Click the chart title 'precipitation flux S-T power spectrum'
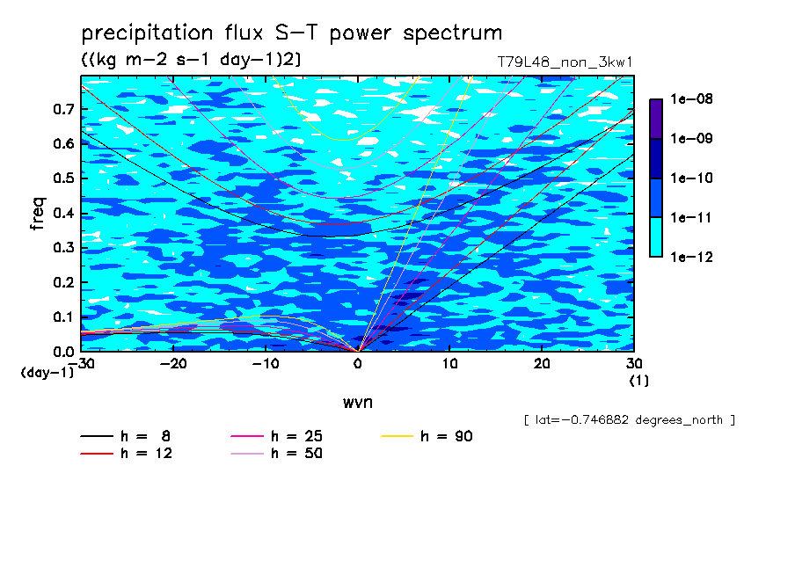point(292,33)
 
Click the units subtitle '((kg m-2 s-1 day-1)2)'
point(191,60)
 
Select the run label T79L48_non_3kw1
point(565,62)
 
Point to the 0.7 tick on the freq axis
point(64,109)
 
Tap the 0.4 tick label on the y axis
point(64,213)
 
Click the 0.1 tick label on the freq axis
point(64,317)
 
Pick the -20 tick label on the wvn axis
point(173,364)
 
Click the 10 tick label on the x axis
point(449,364)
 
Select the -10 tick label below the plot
point(266,364)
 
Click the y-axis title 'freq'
point(38,214)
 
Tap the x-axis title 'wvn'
point(357,403)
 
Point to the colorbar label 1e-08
point(691,98)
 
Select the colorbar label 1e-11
point(691,217)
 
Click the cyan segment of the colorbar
point(656,237)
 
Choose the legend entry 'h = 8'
point(125,436)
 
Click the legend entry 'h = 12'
point(127,453)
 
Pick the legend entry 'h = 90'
point(427,436)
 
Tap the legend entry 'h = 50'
point(276,453)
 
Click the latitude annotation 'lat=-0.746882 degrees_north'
point(629,420)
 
